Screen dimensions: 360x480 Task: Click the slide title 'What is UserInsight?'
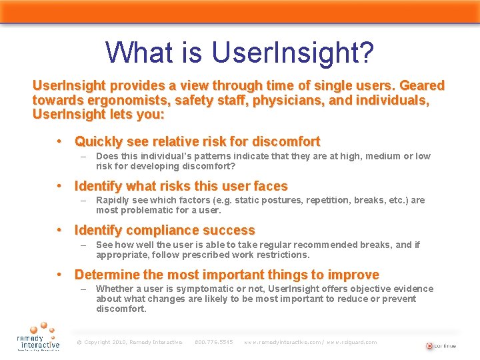239,52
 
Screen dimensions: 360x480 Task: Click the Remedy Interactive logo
38,337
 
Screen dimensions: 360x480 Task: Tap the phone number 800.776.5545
213,343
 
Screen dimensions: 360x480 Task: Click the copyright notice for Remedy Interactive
129,343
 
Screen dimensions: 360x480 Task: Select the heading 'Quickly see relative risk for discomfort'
197,141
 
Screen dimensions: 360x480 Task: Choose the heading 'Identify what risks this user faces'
181,186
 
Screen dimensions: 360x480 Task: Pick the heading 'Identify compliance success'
165,230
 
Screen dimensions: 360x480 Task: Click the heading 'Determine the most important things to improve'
227,275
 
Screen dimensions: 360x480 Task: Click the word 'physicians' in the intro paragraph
283,100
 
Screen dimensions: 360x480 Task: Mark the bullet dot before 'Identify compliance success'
60,230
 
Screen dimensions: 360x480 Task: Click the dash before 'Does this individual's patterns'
84,157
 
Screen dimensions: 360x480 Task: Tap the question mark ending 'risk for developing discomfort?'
233,166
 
